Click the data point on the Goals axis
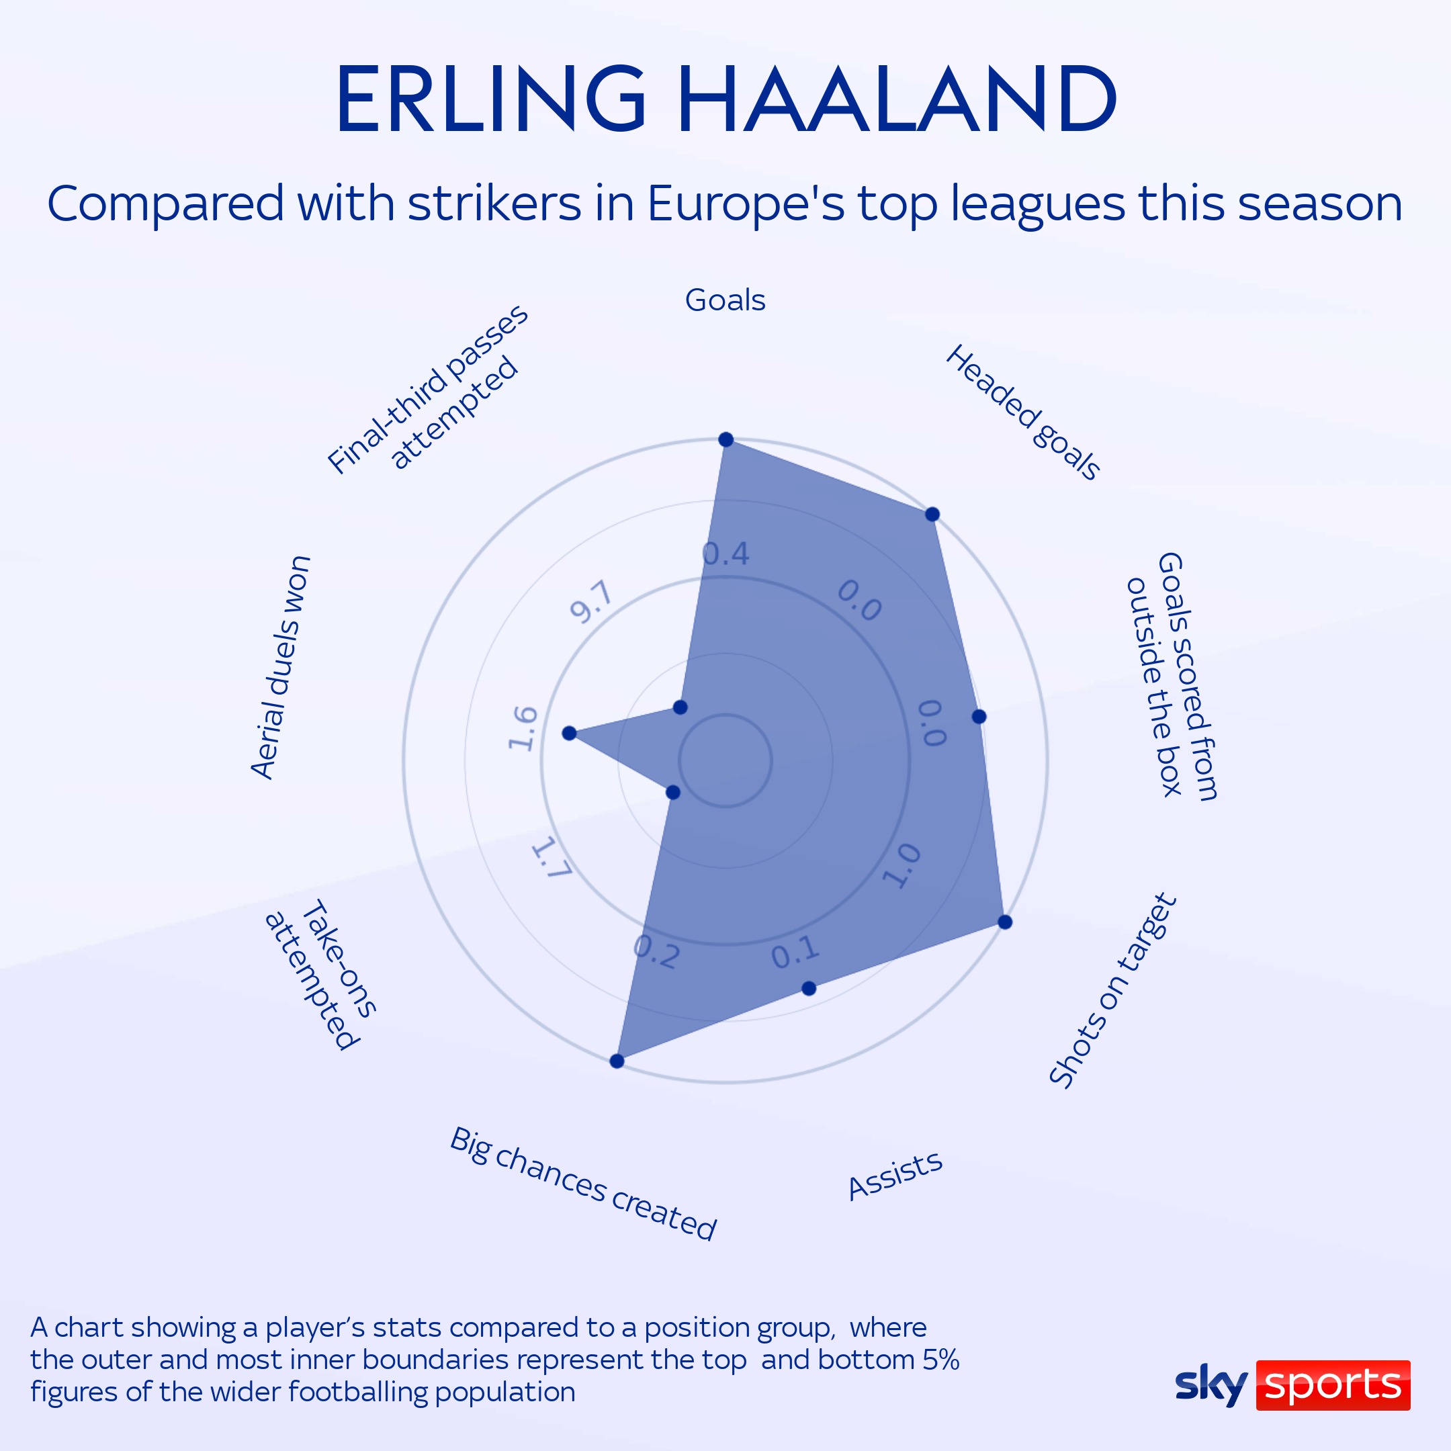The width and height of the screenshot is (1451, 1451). (x=725, y=439)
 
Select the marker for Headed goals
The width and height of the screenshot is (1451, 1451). (x=932, y=515)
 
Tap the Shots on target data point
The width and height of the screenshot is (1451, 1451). (x=1005, y=922)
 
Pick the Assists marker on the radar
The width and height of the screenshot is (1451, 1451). (x=809, y=988)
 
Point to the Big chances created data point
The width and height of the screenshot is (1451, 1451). (x=617, y=1061)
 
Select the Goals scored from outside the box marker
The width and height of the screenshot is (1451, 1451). (x=979, y=717)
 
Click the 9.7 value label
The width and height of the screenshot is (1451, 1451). (x=591, y=603)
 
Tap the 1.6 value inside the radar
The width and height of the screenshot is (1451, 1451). (x=523, y=728)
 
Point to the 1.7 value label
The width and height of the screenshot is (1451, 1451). (x=552, y=859)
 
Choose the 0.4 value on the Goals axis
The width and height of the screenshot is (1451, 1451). (x=725, y=554)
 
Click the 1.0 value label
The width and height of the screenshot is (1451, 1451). (x=902, y=866)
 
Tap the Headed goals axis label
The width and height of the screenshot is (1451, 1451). (x=1022, y=412)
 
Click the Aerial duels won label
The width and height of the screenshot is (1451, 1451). (x=280, y=667)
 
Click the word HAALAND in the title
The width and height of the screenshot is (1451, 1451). (x=897, y=99)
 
